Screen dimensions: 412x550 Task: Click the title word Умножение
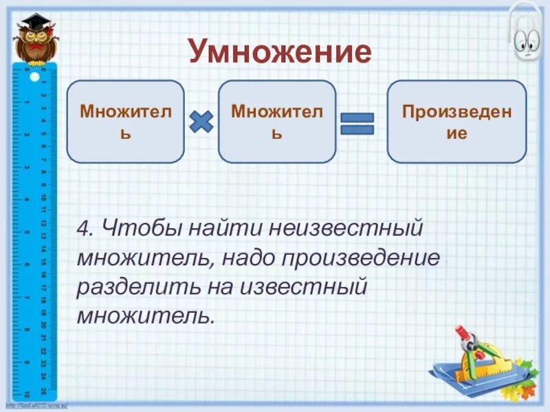tap(279, 51)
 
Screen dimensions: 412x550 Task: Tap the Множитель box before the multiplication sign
tap(125, 122)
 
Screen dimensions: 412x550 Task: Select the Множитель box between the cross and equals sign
tap(277, 122)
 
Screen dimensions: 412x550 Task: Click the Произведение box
tap(456, 122)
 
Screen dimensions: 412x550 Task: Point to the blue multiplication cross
tap(201, 122)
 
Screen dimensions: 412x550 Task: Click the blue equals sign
tap(357, 124)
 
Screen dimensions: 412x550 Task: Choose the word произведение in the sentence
tap(367, 260)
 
